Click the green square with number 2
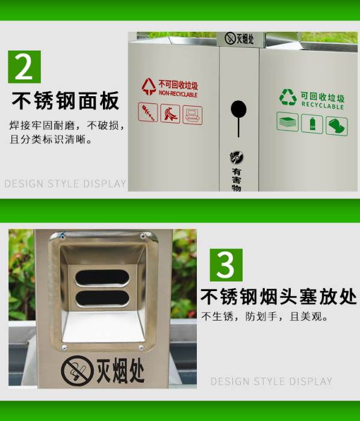point(25,67)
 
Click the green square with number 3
point(226,265)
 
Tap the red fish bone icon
point(148,112)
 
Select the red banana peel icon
point(170,114)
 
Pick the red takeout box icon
point(193,115)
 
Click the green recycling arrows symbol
point(288,97)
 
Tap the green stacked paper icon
point(288,121)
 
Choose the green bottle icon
point(312,124)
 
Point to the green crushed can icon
point(337,126)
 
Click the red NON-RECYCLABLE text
point(178,94)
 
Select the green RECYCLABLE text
point(323,105)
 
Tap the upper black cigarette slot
point(102,277)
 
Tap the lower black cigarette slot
point(102,298)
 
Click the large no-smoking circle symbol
point(78,371)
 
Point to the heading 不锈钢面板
point(65,100)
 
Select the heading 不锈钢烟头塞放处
point(279,297)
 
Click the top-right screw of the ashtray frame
point(143,236)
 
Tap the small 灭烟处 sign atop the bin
point(239,38)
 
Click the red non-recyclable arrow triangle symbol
point(149,87)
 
